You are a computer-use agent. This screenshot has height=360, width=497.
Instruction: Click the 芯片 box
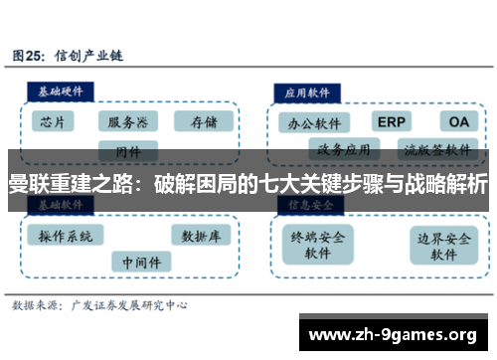(55, 121)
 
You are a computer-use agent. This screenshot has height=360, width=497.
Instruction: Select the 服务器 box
(127, 121)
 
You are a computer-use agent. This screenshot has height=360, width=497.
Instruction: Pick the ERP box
(392, 121)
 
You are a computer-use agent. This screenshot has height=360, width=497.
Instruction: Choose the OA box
(458, 121)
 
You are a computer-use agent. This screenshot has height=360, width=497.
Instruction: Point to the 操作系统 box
(66, 236)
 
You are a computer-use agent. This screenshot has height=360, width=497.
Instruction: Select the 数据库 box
(201, 236)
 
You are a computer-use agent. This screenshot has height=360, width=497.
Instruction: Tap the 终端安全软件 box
(318, 245)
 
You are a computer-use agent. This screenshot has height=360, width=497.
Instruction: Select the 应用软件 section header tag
(307, 90)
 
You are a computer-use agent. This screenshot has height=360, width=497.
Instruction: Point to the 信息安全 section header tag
(307, 204)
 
